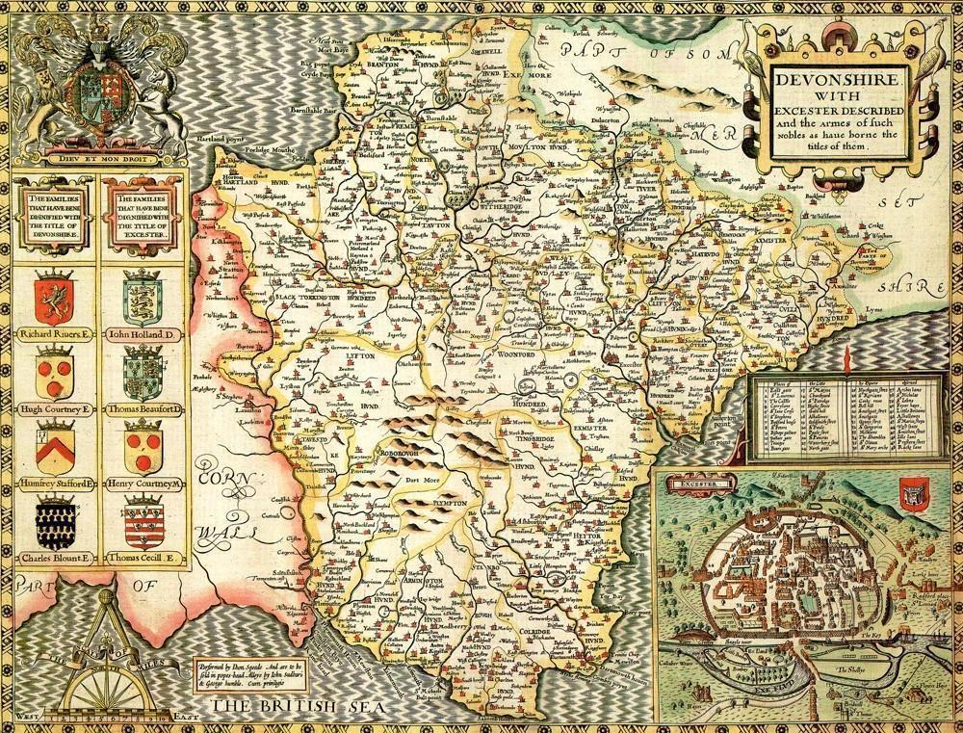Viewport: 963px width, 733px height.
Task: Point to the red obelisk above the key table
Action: (x=845, y=364)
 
